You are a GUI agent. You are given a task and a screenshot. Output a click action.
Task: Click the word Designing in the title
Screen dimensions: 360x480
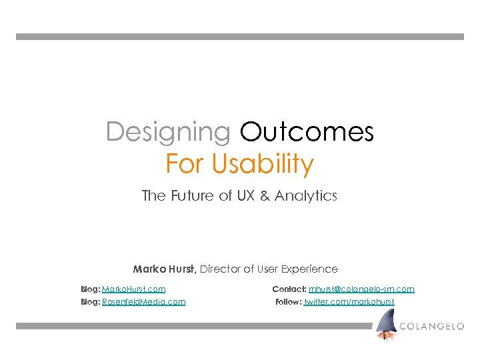click(x=168, y=132)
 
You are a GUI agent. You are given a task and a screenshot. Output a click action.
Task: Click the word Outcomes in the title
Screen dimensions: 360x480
click(x=307, y=132)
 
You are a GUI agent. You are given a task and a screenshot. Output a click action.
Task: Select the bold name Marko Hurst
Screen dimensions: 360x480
click(x=164, y=269)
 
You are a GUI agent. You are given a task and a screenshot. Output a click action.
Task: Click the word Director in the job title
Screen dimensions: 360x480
click(x=220, y=269)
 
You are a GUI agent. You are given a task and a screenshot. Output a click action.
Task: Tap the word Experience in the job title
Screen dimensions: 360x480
click(x=308, y=269)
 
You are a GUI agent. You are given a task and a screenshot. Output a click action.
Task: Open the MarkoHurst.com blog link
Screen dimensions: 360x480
click(x=134, y=289)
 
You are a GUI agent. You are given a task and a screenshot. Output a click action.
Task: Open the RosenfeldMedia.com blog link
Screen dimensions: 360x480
click(x=144, y=302)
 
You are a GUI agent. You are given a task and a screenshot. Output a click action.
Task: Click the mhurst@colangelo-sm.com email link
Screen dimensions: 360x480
click(x=361, y=289)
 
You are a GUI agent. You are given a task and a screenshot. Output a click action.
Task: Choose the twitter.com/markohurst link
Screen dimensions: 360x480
click(x=349, y=302)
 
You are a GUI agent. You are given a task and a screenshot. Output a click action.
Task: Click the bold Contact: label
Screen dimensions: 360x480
click(x=289, y=289)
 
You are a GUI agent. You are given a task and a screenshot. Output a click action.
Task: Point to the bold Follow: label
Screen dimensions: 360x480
click(x=289, y=302)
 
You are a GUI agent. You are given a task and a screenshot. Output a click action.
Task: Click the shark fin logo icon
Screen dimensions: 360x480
click(x=386, y=325)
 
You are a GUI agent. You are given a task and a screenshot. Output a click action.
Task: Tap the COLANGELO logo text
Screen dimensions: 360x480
click(x=432, y=326)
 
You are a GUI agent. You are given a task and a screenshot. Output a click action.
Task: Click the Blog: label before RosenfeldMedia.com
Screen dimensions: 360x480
click(x=90, y=302)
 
